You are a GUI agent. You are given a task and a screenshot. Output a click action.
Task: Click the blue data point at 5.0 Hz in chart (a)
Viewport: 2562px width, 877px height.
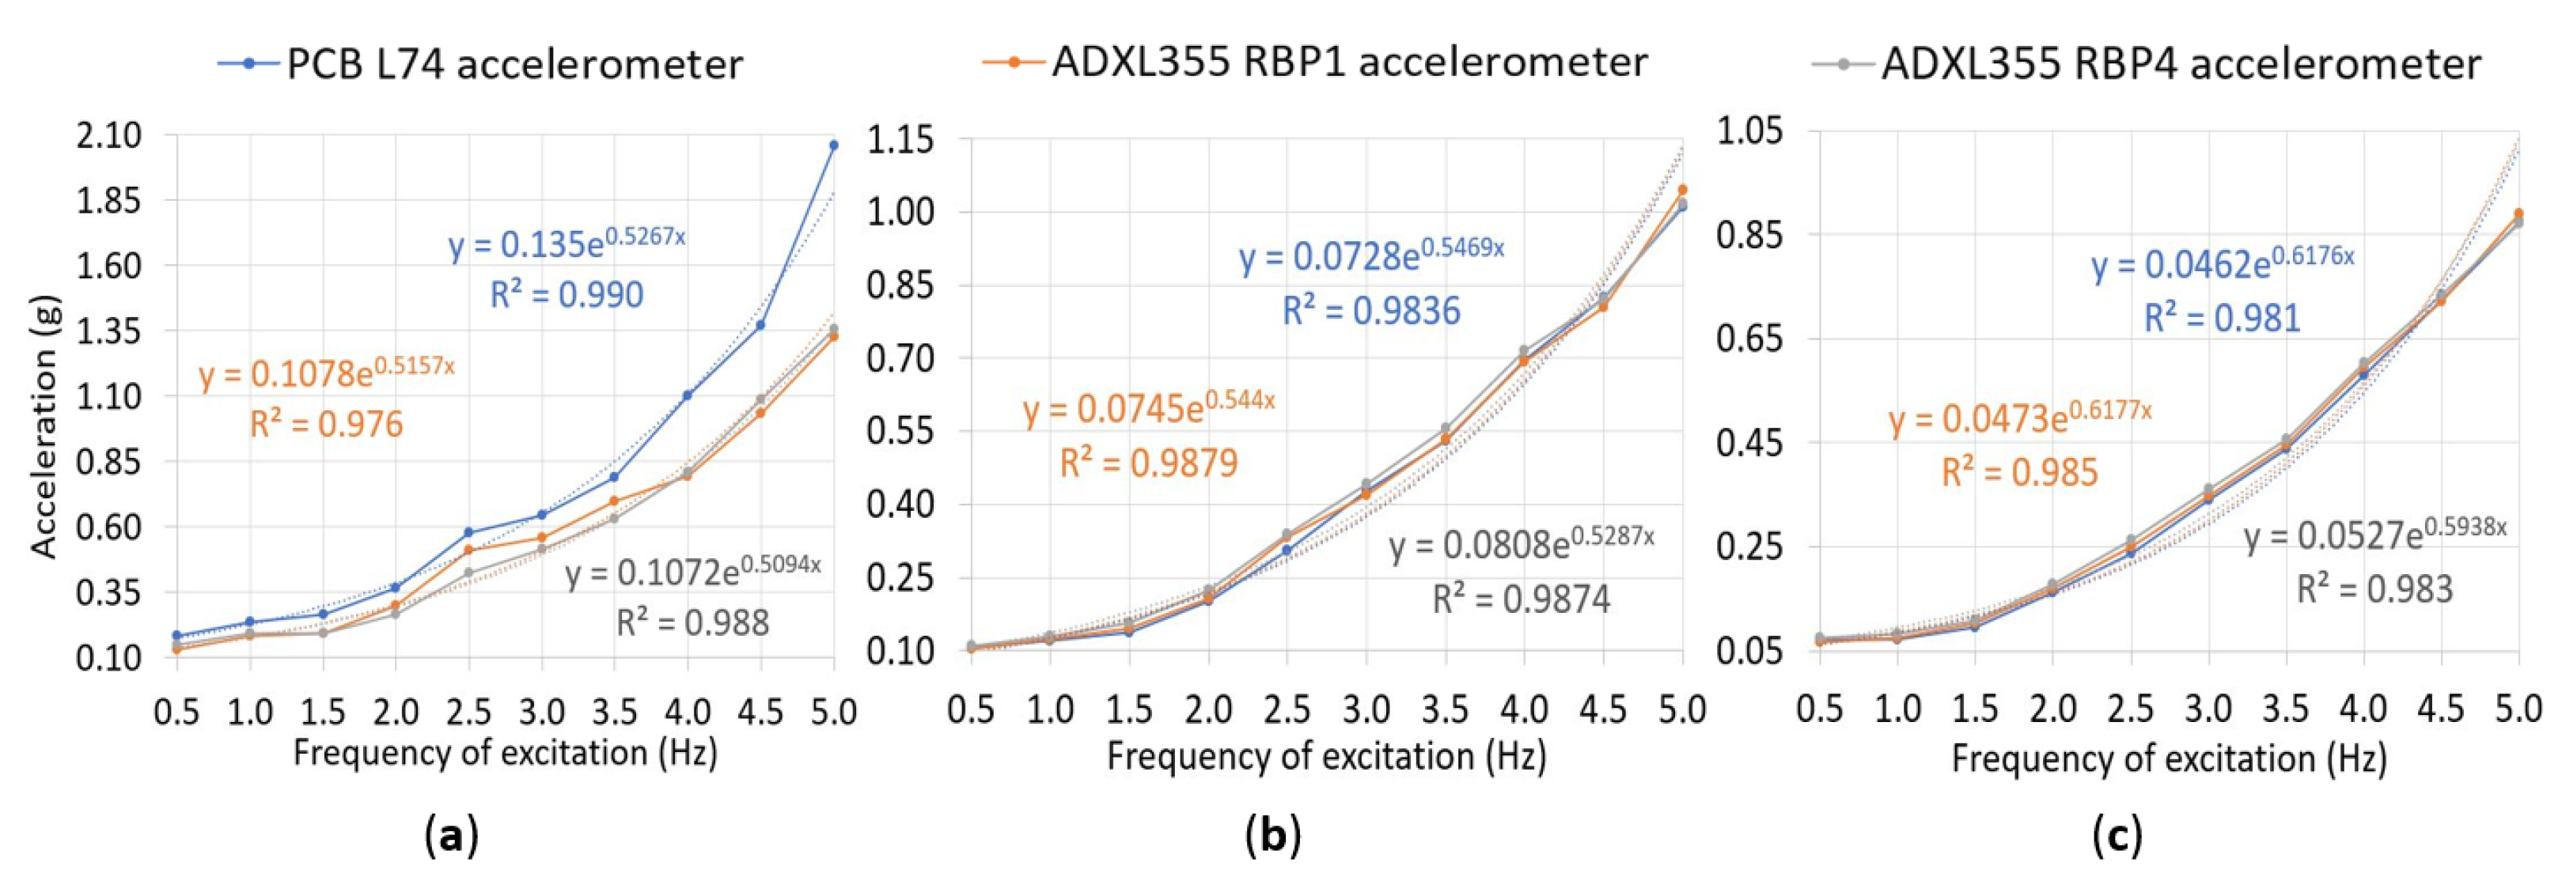coord(833,146)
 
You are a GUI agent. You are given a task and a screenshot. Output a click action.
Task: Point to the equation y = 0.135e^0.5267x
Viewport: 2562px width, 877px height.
coord(567,243)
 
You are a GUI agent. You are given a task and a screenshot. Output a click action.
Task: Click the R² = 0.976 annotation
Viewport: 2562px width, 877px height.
coord(326,425)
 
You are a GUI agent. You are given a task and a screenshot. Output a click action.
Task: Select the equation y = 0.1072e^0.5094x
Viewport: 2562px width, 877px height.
coord(693,572)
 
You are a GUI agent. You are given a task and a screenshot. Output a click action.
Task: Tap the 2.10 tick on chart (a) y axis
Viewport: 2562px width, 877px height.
coord(108,135)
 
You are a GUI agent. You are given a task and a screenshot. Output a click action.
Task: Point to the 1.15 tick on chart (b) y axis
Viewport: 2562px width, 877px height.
coord(900,140)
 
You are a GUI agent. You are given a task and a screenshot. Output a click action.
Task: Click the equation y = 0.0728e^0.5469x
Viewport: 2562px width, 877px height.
coord(1371,256)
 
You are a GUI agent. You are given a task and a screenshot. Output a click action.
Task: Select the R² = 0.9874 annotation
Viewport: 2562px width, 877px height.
coord(1521,599)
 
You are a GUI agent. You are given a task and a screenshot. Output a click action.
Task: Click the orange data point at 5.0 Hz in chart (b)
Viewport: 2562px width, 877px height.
coord(1683,189)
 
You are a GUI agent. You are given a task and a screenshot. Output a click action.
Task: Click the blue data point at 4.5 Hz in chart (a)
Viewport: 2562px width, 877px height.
coord(761,325)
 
